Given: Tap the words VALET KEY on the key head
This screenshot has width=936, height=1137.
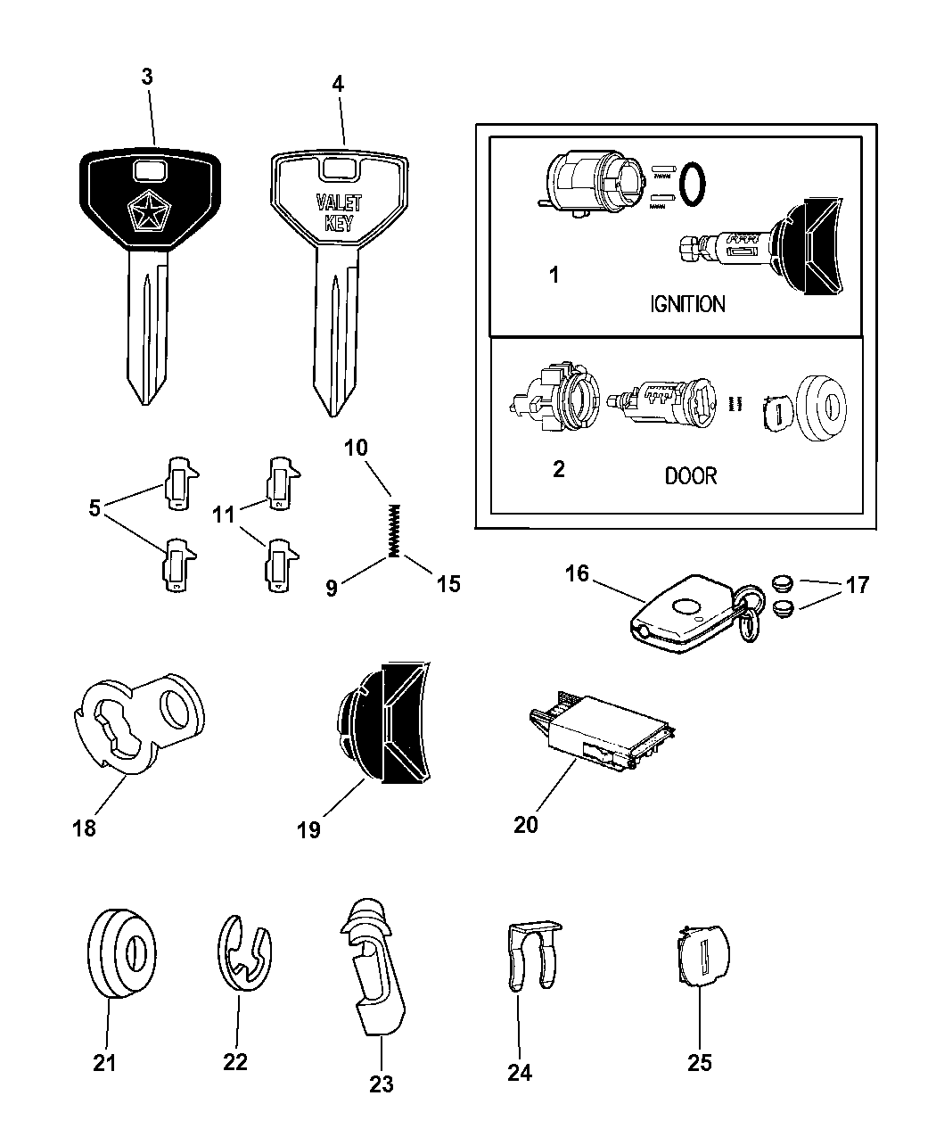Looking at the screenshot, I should point(340,213).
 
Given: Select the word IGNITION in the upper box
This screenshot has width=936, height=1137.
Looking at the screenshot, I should point(686,304).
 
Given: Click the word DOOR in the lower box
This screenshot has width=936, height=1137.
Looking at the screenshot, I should point(690,475).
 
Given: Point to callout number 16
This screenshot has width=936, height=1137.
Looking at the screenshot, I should point(577,573).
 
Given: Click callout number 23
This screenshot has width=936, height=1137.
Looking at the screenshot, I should point(381,1084).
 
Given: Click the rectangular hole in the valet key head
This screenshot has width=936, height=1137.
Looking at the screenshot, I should point(339,169).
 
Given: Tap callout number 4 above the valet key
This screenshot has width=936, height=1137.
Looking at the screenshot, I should point(337,85).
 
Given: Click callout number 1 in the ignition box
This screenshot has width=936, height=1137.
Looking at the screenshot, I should point(554,275).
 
